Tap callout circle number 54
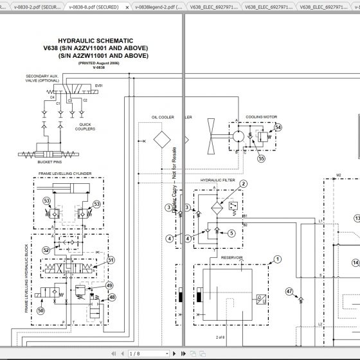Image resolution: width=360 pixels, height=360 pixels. pos(278,127)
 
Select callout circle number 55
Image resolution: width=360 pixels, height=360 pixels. pos(260,157)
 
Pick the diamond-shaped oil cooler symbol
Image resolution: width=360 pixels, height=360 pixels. pos(161,139)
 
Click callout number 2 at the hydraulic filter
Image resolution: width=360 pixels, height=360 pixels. pos(244,184)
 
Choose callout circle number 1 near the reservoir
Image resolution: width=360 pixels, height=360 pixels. pos(277,260)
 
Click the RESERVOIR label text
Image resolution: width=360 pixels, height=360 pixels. pos(232,258)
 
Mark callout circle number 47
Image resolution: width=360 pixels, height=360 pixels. pos(289,291)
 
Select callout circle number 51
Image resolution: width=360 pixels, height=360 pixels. pos(111,260)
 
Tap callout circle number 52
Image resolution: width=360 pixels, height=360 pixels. pos(46,250)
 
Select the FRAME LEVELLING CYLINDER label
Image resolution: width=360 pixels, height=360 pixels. pos(64,174)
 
